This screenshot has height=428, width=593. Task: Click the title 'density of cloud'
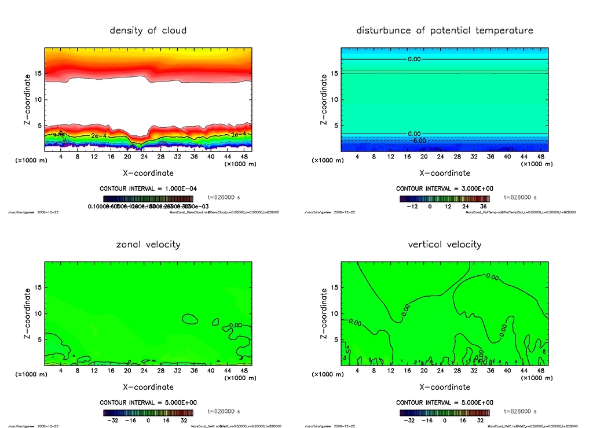[148, 30]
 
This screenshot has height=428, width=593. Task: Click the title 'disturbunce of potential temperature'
[445, 30]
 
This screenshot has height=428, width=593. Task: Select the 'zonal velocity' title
[148, 244]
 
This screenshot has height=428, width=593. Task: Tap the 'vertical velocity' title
[445, 244]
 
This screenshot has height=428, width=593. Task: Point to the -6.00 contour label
[418, 141]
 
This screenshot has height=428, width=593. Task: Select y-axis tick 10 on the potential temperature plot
[334, 99]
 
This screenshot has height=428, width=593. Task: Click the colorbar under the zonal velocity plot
[148, 413]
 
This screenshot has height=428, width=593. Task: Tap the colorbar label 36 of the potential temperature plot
[482, 206]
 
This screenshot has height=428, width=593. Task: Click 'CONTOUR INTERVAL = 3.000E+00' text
[445, 189]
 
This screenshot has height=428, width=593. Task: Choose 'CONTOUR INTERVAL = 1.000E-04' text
[148, 189]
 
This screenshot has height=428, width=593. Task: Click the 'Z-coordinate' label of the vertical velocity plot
[324, 314]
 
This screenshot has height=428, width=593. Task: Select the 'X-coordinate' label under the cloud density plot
[148, 172]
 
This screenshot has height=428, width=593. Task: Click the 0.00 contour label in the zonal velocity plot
[236, 326]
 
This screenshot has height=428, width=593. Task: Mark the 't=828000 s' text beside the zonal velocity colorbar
[224, 411]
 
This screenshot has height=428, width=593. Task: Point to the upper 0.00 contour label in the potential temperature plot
[415, 59]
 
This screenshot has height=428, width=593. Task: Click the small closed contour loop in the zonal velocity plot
[189, 319]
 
